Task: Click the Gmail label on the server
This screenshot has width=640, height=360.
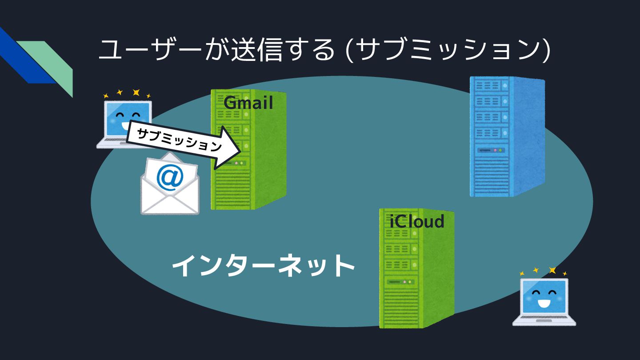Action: click(x=248, y=103)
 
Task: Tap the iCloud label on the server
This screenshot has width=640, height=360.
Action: click(x=417, y=221)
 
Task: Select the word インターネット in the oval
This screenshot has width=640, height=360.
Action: click(x=263, y=266)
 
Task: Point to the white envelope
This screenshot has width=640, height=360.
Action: click(x=170, y=196)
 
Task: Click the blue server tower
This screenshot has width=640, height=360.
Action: click(x=507, y=136)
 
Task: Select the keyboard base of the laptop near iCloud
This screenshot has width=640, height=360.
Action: click(x=544, y=320)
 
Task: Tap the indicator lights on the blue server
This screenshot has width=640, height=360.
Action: click(x=498, y=150)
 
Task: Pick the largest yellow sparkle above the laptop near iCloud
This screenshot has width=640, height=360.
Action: click(x=552, y=270)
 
